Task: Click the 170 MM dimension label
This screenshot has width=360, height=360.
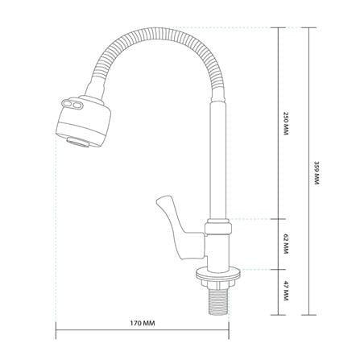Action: (x=143, y=323)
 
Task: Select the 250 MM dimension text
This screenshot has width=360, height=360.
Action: (x=285, y=123)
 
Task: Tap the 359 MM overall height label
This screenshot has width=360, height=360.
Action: (x=317, y=173)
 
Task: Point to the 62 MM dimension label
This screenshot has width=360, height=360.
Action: (x=285, y=245)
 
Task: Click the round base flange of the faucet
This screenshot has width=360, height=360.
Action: (x=218, y=273)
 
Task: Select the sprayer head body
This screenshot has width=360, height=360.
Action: (x=83, y=121)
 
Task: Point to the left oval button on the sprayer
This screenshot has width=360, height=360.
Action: (x=66, y=102)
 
